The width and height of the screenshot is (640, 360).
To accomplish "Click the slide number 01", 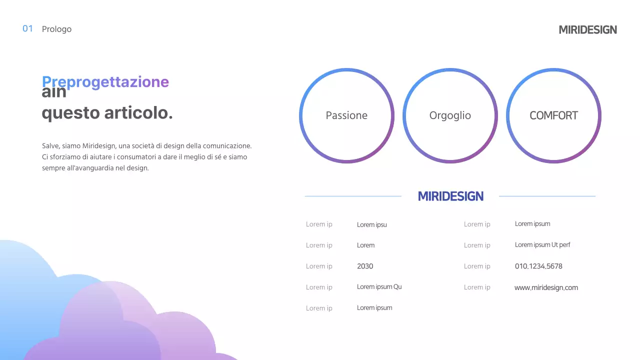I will click(27, 28).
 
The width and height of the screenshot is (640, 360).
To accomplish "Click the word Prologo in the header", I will click(56, 29).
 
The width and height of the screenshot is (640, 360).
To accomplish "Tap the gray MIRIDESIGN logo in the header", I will click(587, 29).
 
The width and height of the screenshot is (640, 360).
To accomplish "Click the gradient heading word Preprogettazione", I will click(105, 81).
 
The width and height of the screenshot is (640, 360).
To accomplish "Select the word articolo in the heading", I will click(138, 113).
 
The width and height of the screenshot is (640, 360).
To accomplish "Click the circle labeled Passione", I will click(346, 115).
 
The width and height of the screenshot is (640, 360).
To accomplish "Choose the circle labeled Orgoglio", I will click(450, 115).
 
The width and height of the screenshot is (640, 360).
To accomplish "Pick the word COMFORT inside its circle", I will click(553, 115).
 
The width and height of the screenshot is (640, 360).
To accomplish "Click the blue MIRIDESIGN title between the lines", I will click(450, 196).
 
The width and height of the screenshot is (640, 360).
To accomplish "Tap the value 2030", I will click(365, 266).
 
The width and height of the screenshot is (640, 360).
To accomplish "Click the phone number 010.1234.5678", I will click(538, 266).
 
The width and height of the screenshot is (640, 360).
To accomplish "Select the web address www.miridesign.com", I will click(546, 287).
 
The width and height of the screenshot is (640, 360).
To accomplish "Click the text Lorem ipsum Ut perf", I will click(542, 245).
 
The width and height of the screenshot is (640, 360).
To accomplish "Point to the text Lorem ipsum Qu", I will click(379, 287).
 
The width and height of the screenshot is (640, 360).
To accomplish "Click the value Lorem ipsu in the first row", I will click(371, 224).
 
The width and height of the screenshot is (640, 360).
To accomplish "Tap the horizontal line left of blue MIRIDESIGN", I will click(353, 196).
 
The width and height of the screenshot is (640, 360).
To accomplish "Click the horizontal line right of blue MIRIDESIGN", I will click(547, 196).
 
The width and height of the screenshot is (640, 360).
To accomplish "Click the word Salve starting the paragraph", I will click(50, 146).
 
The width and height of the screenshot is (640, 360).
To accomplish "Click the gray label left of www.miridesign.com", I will click(476, 287).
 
